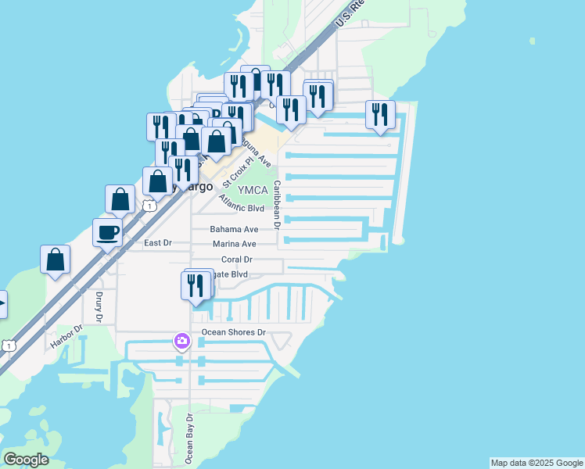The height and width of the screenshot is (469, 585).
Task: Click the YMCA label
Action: pos(253,190)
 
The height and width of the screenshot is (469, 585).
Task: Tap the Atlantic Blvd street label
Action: pos(242,206)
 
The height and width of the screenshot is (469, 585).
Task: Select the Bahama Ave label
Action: pos(234,230)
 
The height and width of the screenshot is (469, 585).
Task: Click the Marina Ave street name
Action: pos(235,245)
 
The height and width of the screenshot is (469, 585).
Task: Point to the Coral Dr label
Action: pos(236,260)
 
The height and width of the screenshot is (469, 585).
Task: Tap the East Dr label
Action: pos(158,243)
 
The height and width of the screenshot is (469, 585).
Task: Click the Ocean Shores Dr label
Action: pos(235,332)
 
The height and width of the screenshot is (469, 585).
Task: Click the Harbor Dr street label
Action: pos(66,337)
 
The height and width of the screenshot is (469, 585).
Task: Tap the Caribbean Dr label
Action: pos(277,204)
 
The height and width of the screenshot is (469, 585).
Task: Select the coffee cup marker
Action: pos(107,231)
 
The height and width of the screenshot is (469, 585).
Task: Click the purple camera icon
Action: pos(181,341)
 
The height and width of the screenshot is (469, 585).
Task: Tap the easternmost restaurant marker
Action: pos(380,115)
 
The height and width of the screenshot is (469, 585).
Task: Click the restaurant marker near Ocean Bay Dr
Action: pos(196,285)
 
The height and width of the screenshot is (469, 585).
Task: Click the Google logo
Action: pos(25,460)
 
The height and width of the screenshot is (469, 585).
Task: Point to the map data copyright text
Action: pos(537,463)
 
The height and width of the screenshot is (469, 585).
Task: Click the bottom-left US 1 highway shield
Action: pos(8,345)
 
